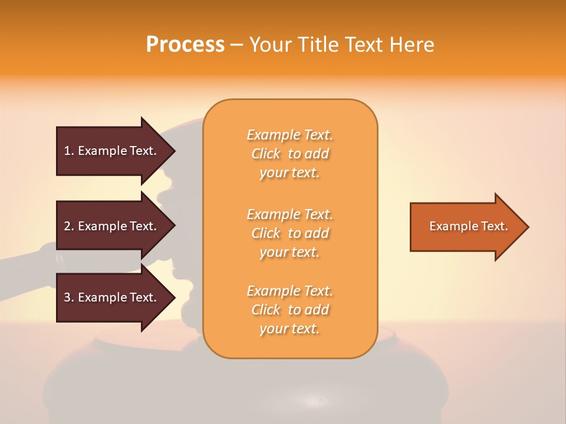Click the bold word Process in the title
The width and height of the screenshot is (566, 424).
click(185, 45)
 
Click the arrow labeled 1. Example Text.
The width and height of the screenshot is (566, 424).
click(112, 151)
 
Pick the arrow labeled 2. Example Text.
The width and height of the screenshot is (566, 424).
click(112, 226)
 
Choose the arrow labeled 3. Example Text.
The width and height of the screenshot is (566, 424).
click(112, 297)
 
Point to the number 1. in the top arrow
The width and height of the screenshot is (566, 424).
click(69, 151)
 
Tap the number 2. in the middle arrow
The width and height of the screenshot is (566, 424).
click(69, 226)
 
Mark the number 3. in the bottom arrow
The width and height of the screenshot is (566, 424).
click(69, 297)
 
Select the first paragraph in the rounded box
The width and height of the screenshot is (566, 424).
click(289, 154)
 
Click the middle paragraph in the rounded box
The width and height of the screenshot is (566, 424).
click(289, 233)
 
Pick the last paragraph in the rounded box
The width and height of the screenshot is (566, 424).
click(289, 310)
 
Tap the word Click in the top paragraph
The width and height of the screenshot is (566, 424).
click(266, 154)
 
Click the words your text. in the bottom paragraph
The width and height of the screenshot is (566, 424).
click(289, 329)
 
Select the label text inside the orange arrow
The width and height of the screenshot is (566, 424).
click(468, 226)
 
